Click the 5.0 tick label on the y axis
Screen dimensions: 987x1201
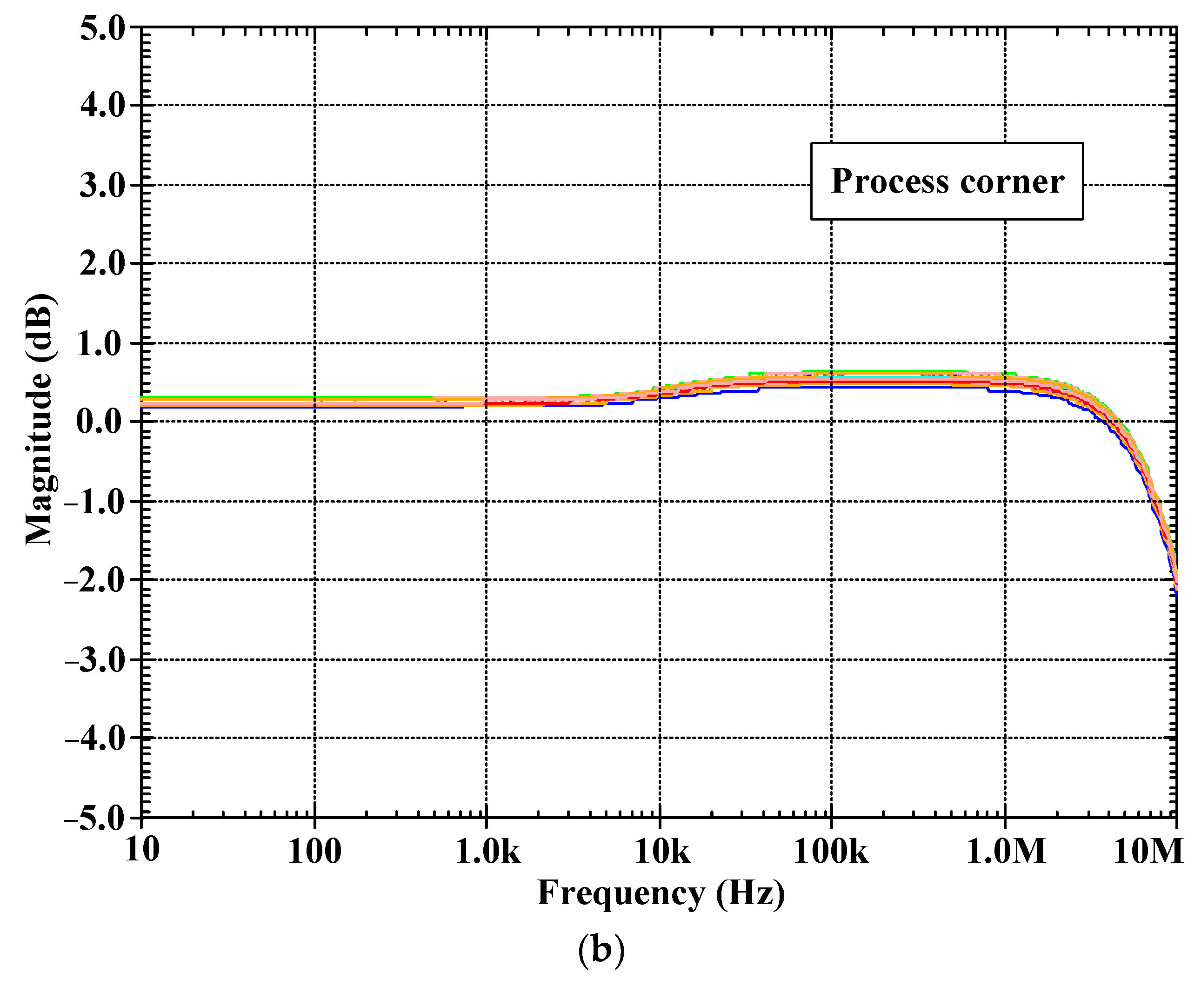point(102,28)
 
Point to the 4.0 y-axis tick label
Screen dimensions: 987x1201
point(102,106)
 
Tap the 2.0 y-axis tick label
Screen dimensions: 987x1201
point(102,264)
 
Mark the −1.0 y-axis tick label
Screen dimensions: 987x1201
point(95,502)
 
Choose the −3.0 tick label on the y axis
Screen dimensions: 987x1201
point(95,661)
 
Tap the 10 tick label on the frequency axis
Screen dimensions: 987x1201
point(142,851)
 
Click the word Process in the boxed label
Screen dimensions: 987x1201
point(890,182)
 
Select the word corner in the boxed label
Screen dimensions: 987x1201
point(1012,182)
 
